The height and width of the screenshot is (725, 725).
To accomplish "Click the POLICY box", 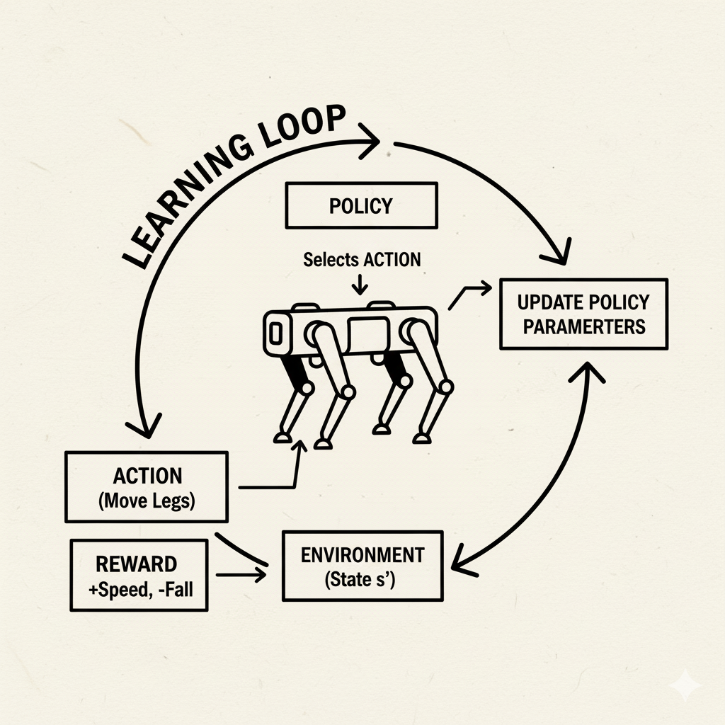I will click(x=361, y=206).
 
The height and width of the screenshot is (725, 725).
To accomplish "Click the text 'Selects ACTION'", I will click(x=362, y=260).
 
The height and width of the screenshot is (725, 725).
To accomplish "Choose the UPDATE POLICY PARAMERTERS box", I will click(x=583, y=314).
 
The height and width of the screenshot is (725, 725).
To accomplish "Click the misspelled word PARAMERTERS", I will click(x=581, y=326).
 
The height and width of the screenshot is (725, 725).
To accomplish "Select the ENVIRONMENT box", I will click(x=362, y=566).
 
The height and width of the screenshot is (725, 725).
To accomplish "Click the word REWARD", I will click(x=136, y=564).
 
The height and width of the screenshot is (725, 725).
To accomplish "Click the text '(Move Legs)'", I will click(x=147, y=501).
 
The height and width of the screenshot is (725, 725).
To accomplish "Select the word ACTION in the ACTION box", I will click(x=147, y=476).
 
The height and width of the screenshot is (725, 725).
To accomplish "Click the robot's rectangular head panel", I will click(x=276, y=331).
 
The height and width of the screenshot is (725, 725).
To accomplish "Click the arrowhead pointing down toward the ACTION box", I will click(x=147, y=426).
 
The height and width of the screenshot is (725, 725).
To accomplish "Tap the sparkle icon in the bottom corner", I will click(x=686, y=686).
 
